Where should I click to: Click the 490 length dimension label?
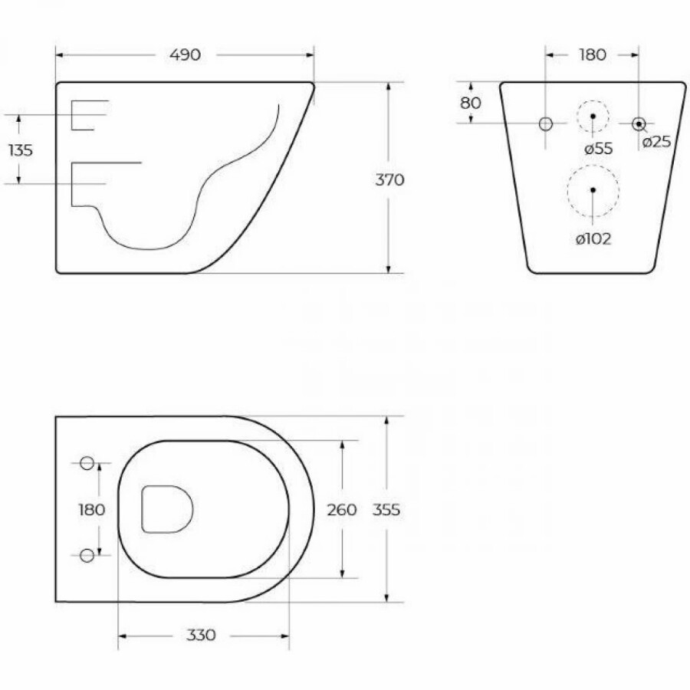point(185,54)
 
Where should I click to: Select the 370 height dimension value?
point(390,180)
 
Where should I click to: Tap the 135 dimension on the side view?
point(21,149)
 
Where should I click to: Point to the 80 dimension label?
point(471,103)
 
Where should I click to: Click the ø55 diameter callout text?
point(598,149)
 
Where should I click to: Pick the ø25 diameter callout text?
point(656,141)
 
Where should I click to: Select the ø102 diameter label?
point(593,238)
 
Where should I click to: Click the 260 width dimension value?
point(342,510)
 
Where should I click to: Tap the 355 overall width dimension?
point(387,510)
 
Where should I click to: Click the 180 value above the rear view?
point(592,54)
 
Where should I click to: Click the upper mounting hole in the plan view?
point(87,463)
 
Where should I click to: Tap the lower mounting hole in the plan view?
point(87,554)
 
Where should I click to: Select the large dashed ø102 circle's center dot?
point(593,189)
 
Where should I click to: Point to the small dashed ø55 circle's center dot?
point(593,117)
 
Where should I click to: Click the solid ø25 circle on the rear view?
point(638,123)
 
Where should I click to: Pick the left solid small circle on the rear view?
point(545,123)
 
